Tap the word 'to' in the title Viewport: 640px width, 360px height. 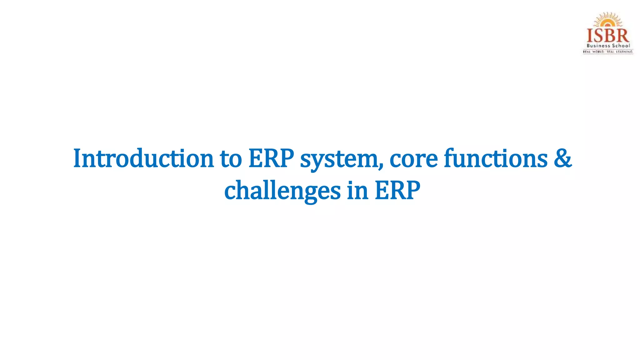coord(231,158)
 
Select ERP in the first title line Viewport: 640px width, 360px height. coord(271,158)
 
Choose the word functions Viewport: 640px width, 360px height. coord(496,158)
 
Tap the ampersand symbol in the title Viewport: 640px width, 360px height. coord(563,158)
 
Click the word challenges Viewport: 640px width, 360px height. coord(282,191)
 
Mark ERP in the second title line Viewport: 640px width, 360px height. coord(397,191)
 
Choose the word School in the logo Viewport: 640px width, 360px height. coord(621,46)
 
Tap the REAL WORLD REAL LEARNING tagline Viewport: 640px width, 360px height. coord(608,52)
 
